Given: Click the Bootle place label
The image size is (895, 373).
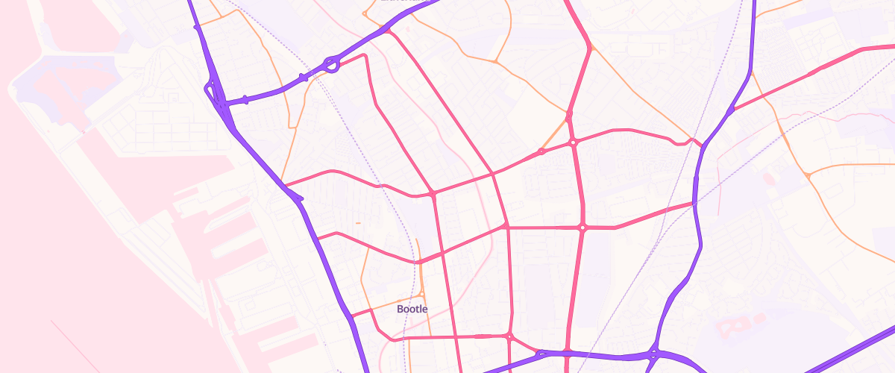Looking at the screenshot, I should tap(412, 308).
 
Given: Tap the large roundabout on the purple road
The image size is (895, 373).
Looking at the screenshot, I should tap(332, 66).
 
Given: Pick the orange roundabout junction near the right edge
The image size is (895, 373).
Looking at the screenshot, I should tap(808, 175).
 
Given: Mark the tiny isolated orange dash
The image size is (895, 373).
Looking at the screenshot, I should tap(358, 222).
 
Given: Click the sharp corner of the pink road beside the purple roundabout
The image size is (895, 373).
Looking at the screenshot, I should tap(366, 57).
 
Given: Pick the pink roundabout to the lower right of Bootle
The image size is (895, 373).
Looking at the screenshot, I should tap(510, 336).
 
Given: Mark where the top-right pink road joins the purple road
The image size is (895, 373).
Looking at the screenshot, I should tap(732, 110).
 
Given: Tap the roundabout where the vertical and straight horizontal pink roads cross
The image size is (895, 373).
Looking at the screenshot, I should tap(582, 228).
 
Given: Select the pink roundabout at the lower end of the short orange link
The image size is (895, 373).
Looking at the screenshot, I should tap(541, 151).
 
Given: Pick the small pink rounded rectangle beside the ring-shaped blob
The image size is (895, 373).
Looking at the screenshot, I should tap(759, 319).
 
